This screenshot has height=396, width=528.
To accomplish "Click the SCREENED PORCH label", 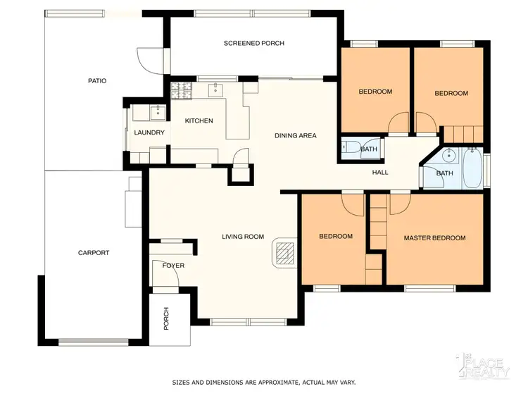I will click(253, 44).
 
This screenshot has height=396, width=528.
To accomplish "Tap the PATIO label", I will click(96, 81).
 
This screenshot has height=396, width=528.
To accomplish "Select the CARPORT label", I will click(94, 252).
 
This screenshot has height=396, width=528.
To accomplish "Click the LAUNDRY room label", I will click(149, 132).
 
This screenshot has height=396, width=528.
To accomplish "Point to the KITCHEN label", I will click(199, 121).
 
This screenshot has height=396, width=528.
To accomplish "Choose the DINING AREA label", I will click(295, 135).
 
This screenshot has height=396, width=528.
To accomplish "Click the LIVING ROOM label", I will click(243, 237).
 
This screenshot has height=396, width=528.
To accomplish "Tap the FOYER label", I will click(173, 266).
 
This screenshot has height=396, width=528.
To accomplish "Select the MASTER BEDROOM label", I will click(434, 238).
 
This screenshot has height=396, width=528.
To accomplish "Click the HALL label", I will click(380, 173).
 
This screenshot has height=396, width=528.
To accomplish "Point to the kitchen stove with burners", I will click(182, 90).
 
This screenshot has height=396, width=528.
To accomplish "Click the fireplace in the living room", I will click(284, 252).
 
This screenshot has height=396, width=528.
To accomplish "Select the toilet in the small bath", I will click(347, 148).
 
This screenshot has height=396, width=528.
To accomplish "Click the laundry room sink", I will click(158, 111).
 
